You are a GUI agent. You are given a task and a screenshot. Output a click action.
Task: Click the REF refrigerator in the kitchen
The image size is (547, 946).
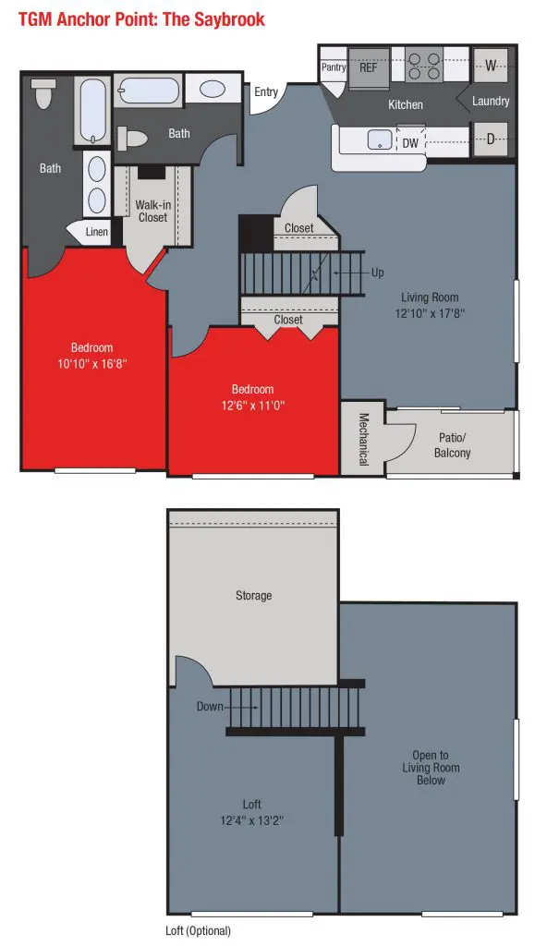pos(369,67)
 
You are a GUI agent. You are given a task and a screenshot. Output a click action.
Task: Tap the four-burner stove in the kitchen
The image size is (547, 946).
pos(423,66)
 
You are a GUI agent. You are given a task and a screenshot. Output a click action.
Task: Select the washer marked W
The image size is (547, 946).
pos(491,66)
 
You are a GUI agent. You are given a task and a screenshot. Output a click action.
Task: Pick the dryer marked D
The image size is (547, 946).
pos(491,139)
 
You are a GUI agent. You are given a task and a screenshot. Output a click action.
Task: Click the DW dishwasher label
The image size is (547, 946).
pos(410,143)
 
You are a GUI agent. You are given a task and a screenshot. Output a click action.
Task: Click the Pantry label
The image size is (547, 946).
pos(334,67)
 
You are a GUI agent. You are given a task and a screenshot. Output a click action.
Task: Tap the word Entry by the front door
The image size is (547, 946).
pos(266,91)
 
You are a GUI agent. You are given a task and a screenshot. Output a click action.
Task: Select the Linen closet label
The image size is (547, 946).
pos(97,232)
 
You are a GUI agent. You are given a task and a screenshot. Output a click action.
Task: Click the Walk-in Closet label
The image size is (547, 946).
pos(152,212)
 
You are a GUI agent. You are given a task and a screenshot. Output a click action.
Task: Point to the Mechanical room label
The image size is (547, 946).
pos(363,439)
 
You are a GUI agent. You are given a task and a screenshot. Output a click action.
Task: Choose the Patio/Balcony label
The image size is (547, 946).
pos(452,445)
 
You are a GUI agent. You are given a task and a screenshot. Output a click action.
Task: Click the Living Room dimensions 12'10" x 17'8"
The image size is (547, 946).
pos(430,313)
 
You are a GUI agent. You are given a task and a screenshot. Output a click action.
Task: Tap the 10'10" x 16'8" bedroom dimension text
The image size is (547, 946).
pos(91,364)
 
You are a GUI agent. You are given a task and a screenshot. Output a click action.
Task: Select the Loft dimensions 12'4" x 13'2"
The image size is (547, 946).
pos(251,820)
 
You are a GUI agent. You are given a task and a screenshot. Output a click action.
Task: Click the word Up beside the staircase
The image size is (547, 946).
pos(377,273)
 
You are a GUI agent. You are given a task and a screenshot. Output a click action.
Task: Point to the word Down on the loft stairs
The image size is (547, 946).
pos(210,707)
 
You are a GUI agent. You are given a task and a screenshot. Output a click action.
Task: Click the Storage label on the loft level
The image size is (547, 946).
pos(253,596)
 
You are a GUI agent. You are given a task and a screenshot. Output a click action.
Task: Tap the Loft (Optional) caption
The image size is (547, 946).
pos(198,931)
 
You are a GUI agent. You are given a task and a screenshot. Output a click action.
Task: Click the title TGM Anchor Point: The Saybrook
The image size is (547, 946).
pos(141,19)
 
